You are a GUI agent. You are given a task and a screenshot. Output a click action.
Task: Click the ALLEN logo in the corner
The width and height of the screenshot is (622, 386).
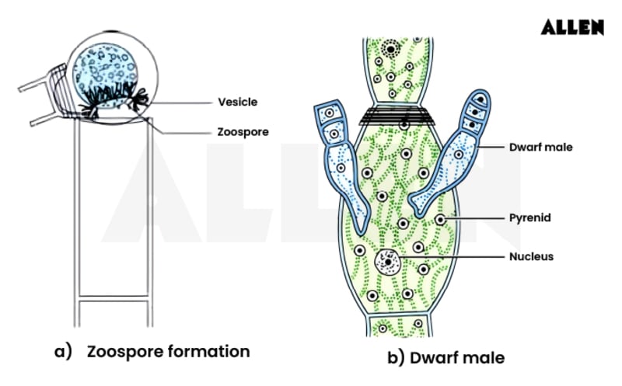(x=572, y=27)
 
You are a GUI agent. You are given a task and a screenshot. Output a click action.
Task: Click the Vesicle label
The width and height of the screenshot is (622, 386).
(x=237, y=102)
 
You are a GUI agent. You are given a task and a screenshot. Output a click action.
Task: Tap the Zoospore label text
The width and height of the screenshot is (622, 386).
(x=243, y=132)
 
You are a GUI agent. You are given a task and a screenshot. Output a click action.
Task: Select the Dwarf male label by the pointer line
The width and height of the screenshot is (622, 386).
(x=540, y=146)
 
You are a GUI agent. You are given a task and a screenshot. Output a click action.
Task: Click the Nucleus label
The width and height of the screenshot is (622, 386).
(x=531, y=257)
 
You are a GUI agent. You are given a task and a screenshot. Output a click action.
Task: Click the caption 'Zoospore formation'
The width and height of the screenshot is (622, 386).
(x=168, y=351)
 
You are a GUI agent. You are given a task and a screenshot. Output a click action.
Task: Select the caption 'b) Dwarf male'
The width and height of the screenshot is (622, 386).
(x=446, y=358)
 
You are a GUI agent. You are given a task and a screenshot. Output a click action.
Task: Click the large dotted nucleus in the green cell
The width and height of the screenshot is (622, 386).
(x=386, y=261)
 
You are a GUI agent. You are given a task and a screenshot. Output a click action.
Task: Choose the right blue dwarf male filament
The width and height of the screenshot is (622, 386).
(x=455, y=159)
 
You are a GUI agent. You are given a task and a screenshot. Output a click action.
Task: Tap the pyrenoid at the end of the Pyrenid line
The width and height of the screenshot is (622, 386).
(x=441, y=220)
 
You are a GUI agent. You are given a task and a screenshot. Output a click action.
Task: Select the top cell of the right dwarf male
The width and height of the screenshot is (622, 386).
(x=481, y=100)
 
